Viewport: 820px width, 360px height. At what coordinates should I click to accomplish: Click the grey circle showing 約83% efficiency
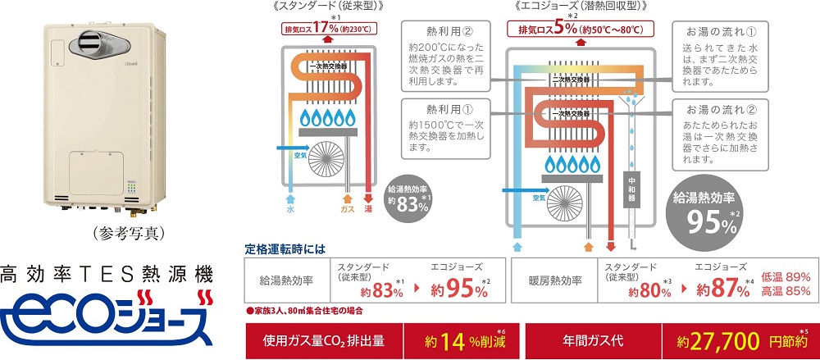[407, 196]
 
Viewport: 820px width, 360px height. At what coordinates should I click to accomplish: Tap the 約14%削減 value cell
[462, 340]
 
